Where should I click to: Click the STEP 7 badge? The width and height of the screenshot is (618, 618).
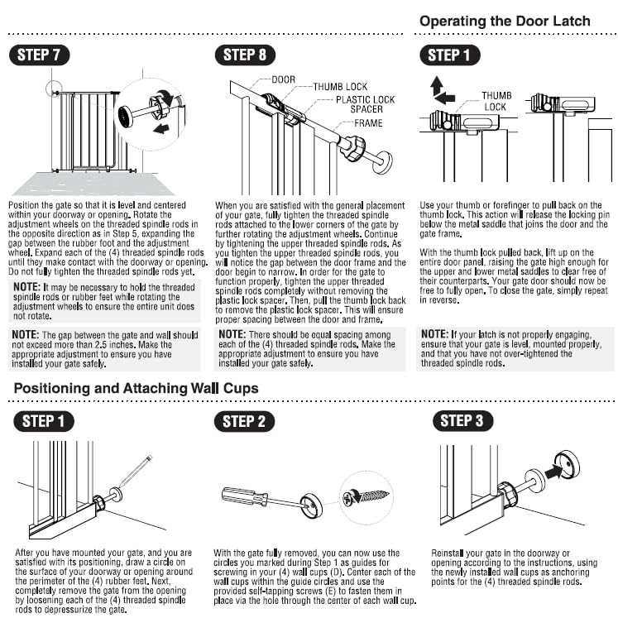click(39, 55)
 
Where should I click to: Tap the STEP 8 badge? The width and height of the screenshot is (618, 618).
click(245, 55)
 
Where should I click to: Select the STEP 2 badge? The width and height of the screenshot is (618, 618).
click(244, 421)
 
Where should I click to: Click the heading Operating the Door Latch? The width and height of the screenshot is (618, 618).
click(505, 21)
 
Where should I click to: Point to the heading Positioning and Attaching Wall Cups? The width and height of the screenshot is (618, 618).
click(136, 388)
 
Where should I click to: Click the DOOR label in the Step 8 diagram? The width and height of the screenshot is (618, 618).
click(283, 80)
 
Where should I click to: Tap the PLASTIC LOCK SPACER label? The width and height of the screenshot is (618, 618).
click(365, 105)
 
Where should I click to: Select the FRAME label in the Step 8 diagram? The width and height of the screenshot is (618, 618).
click(368, 122)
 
